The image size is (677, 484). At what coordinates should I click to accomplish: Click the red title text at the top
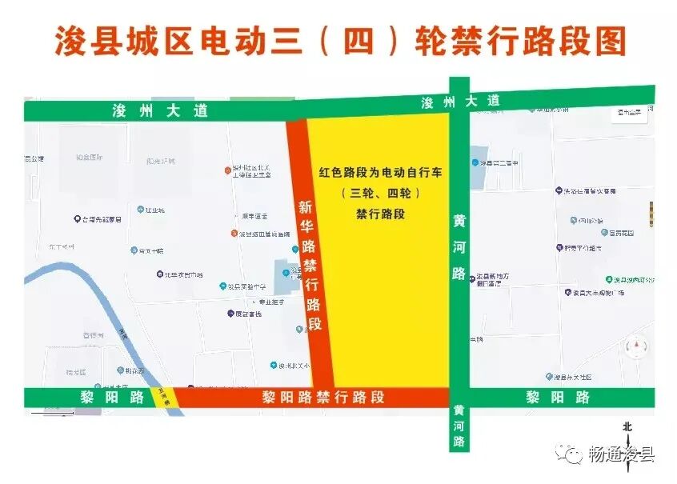(x=339, y=40)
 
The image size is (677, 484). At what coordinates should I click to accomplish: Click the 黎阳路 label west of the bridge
(x=99, y=397)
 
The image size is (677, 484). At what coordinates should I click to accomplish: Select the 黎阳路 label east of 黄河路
(x=558, y=397)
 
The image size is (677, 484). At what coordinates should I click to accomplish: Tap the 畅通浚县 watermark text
(x=621, y=454)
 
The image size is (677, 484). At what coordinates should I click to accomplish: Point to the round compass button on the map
(x=637, y=347)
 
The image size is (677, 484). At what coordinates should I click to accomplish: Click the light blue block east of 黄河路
(x=477, y=168)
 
